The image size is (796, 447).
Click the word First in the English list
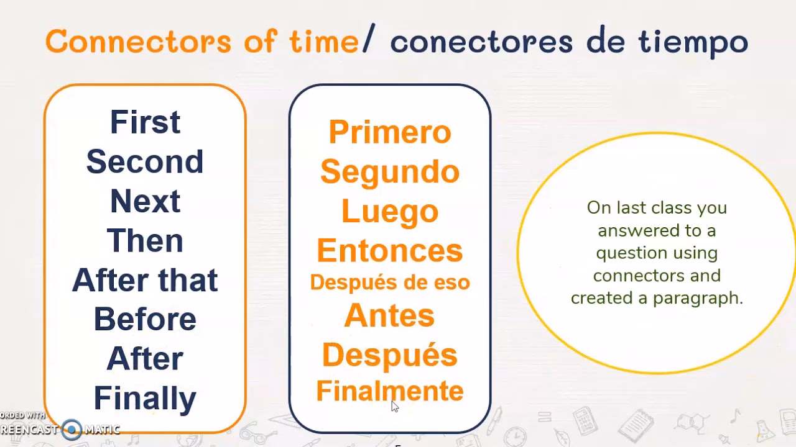145,122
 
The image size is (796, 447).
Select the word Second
145,161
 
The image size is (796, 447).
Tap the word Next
145,201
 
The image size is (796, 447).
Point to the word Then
145,241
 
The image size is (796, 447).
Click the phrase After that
145,280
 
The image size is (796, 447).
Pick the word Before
145,319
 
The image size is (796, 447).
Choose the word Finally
145,399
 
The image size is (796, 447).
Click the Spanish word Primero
390,132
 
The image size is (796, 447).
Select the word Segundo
390,172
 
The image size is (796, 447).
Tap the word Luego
390,211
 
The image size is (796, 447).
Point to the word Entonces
390,251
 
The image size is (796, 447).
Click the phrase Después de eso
390,282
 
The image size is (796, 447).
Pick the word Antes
390,315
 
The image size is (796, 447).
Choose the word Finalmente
390,391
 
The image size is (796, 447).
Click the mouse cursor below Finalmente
394,406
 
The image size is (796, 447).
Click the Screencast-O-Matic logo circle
72,429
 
